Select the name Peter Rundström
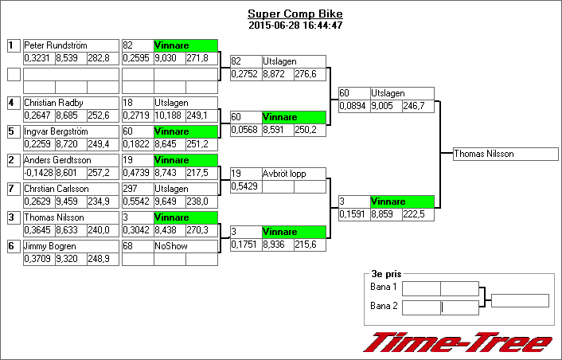(x=56, y=45)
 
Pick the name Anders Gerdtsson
(x=57, y=160)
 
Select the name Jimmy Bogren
(x=49, y=246)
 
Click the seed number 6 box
(x=13, y=246)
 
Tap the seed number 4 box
(x=13, y=103)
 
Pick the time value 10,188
(x=169, y=115)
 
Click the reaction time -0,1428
(x=38, y=173)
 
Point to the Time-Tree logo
(x=458, y=342)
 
